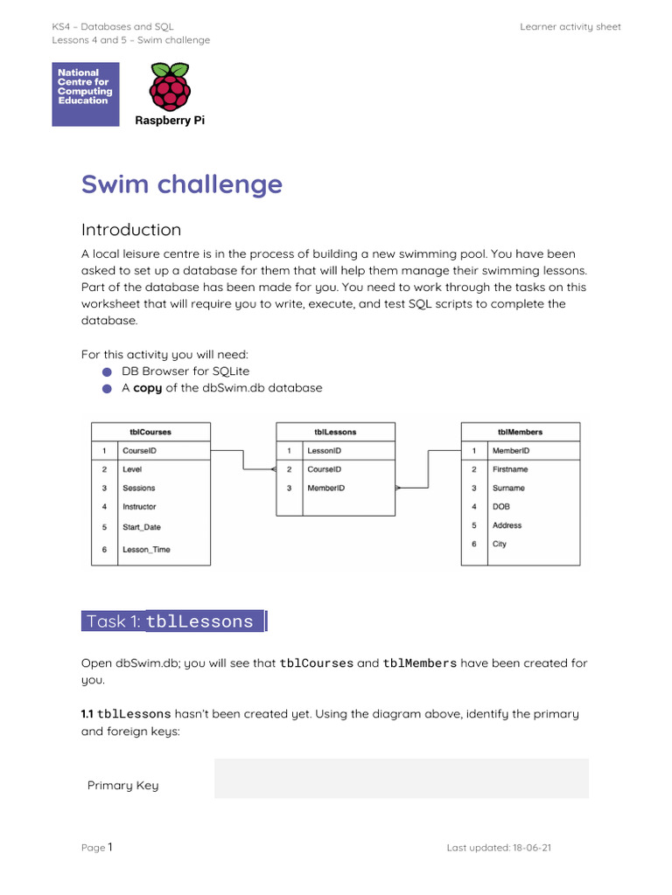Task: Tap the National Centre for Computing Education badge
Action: [x=86, y=94]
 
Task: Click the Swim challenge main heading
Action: [x=182, y=184]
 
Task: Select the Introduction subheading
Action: [x=131, y=230]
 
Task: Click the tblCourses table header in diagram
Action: [x=150, y=432]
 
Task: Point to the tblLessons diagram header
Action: [x=335, y=432]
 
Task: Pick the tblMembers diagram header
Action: [x=520, y=432]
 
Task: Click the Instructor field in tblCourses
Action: [x=139, y=507]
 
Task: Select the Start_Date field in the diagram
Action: [x=142, y=527]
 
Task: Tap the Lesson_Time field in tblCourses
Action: [x=146, y=550]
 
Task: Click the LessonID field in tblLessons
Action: [x=324, y=451]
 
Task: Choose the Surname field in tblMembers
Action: [x=508, y=489]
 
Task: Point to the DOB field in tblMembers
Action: [x=501, y=507]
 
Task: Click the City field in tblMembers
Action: [x=500, y=544]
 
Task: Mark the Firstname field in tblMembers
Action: [x=510, y=469]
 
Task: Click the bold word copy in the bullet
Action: [x=147, y=388]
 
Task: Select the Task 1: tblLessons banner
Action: [x=173, y=621]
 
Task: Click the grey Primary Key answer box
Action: [x=402, y=779]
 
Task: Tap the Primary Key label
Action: [x=123, y=786]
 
